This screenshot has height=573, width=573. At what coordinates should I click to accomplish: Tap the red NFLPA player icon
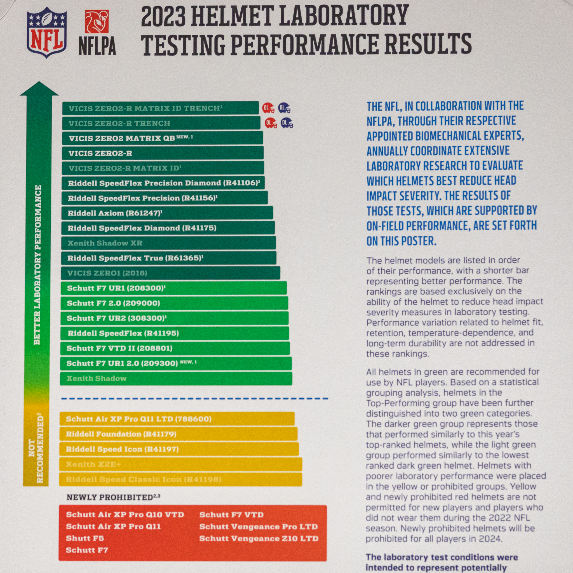97,21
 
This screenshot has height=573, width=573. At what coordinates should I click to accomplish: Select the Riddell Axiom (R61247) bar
167,213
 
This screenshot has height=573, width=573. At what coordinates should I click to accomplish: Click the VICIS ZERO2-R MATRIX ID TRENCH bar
160,108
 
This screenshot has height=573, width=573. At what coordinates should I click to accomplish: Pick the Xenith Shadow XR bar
168,243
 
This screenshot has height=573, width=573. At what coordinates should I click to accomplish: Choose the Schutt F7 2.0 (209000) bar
174,303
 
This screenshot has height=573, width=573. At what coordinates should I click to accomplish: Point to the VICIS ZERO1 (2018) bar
170,273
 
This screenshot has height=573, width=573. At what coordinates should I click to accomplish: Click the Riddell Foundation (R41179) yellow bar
178,434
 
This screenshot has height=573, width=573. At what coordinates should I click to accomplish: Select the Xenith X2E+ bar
180,464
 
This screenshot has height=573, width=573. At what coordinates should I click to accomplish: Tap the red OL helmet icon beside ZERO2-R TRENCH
271,123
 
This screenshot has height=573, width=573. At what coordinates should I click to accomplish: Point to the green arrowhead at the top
39,89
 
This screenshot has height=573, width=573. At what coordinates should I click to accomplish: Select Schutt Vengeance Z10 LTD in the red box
259,538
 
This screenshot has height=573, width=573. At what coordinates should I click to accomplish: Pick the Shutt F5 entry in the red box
85,538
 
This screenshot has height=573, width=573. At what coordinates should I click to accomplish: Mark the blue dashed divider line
194,399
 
